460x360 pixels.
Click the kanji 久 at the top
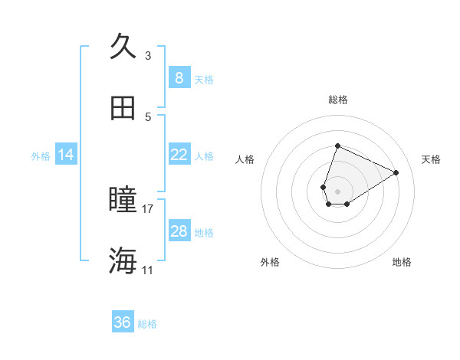pyautogui.click(x=123, y=46)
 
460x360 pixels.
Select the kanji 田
pyautogui.click(x=123, y=109)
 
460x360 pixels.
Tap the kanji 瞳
pyautogui.click(x=123, y=200)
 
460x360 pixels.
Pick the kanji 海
pyautogui.click(x=123, y=261)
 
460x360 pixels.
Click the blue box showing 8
pyautogui.click(x=179, y=77)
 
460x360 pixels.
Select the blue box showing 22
pyautogui.click(x=179, y=155)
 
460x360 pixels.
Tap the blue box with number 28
pyautogui.click(x=179, y=231)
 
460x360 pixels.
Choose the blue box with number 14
pyautogui.click(x=66, y=155)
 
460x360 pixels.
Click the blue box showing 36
pyautogui.click(x=123, y=322)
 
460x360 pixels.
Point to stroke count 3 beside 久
pyautogui.click(x=148, y=55)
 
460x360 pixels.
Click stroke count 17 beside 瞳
pyautogui.click(x=148, y=208)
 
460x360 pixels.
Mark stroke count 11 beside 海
pyautogui.click(x=148, y=270)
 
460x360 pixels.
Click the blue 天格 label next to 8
pyautogui.click(x=204, y=79)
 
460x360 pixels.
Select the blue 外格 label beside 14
pyautogui.click(x=41, y=155)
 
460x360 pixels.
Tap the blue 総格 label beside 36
pyautogui.click(x=147, y=324)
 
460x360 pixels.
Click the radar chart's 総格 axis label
pyautogui.click(x=337, y=100)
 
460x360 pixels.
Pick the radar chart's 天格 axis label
pyautogui.click(x=431, y=159)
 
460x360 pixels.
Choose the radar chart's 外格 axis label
pyautogui.click(x=270, y=262)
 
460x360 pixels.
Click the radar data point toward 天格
pyautogui.click(x=396, y=172)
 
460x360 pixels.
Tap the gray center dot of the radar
pyautogui.click(x=337, y=190)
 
